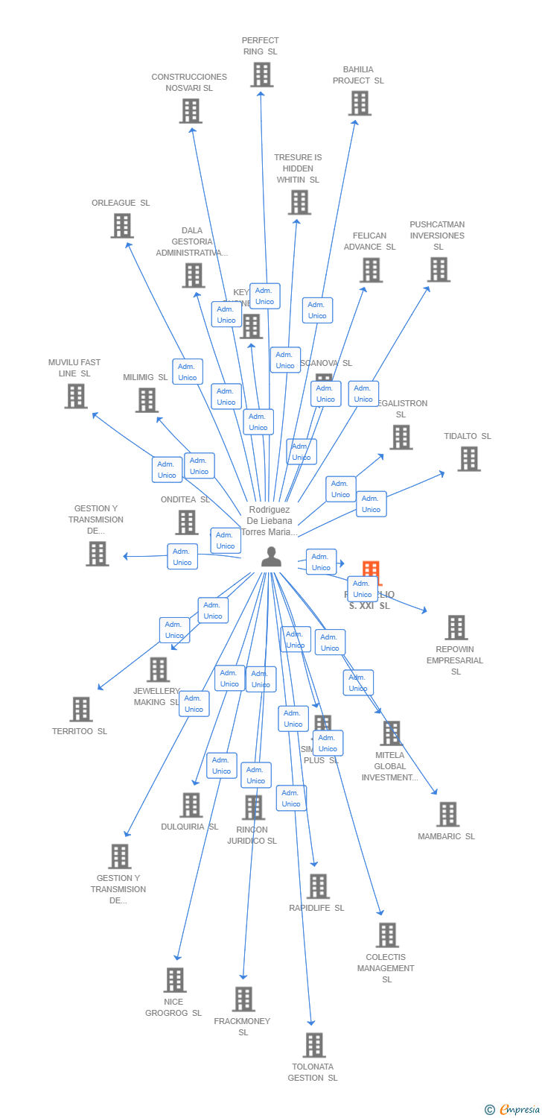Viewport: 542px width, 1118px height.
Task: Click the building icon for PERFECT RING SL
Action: (261, 75)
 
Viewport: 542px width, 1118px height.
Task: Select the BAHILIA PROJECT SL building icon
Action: (360, 104)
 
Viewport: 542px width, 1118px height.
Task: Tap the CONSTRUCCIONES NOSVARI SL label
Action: (189, 82)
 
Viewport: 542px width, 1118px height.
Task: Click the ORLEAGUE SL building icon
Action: (122, 226)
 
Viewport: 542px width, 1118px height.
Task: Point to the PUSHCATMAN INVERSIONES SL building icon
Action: (439, 270)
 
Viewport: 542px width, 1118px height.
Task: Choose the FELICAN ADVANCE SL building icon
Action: (371, 270)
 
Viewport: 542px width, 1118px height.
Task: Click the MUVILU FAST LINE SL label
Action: (74, 367)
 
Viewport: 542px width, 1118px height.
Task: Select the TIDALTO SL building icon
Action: (468, 459)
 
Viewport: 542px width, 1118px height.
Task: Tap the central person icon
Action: (271, 557)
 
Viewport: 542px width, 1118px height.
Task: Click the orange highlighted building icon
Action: (371, 571)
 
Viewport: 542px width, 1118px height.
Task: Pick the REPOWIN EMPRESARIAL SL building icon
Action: (456, 628)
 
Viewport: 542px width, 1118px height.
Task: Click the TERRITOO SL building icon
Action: (81, 710)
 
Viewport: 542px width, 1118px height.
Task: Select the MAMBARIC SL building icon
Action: (447, 815)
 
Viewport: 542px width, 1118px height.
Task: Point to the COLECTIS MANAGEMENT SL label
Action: (386, 968)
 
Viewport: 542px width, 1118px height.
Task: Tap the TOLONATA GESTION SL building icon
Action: (314, 1045)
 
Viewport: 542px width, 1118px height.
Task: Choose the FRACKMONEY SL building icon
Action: (243, 999)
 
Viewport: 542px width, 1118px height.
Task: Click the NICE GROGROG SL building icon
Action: (175, 980)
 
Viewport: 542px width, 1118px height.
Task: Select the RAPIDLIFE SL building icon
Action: (318, 886)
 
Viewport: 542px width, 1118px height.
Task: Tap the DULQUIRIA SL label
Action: (189, 827)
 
